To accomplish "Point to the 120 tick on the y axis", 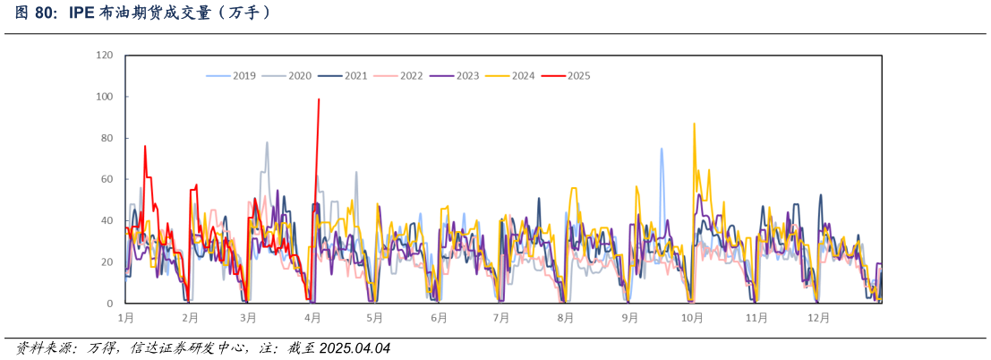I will tap(105, 56).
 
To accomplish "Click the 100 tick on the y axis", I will tap(105, 97).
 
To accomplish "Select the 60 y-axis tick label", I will tap(107, 179).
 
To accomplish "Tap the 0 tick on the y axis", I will tap(110, 304).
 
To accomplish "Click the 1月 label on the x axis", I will tap(126, 317).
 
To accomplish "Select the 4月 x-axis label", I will tap(312, 317).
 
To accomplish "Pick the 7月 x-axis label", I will tap(501, 317).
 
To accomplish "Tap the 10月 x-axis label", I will tap(692, 317).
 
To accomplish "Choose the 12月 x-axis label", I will tap(818, 317).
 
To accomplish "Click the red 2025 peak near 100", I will tap(319, 99).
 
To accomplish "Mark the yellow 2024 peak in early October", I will tap(694, 124).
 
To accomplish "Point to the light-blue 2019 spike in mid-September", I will tap(662, 149).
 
